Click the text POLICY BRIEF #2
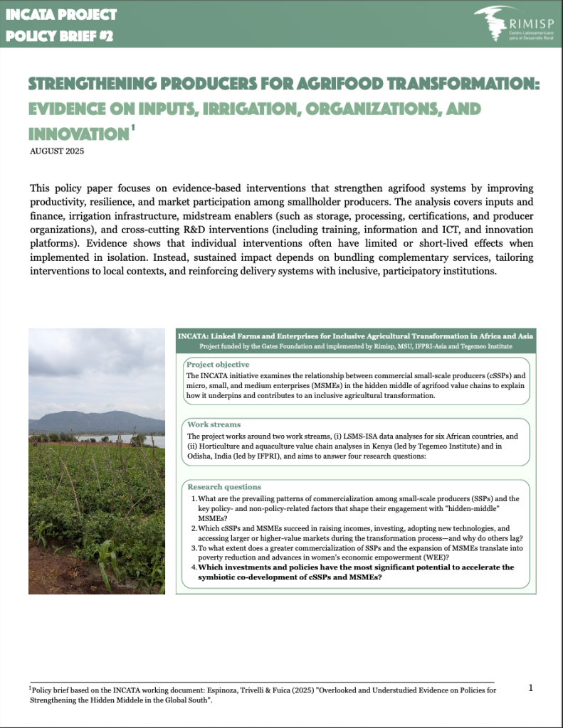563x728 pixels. tap(58, 36)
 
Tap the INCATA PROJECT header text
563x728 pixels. tap(60, 14)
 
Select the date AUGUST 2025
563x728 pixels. tap(60, 151)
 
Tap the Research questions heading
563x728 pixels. tap(223, 486)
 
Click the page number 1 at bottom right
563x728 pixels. tap(531, 687)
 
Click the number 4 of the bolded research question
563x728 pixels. tap(193, 567)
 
